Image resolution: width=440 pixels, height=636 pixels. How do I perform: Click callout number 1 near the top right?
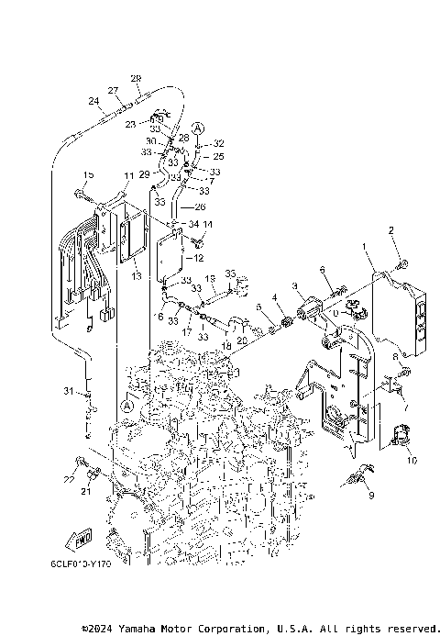364,247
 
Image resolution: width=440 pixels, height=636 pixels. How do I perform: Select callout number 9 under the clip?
371,495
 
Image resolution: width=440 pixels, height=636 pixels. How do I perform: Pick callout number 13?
134,275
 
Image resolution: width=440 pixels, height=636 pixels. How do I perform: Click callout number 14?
208,225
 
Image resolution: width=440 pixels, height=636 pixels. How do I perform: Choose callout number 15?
89,174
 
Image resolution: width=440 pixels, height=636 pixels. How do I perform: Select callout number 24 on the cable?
93,101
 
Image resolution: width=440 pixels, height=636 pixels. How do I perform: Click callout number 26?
200,206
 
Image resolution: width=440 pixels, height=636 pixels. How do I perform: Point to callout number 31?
67,392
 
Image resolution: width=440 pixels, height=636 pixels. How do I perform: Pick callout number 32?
219,144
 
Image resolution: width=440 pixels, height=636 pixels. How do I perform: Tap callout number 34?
192,224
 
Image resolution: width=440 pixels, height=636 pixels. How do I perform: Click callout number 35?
231,273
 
